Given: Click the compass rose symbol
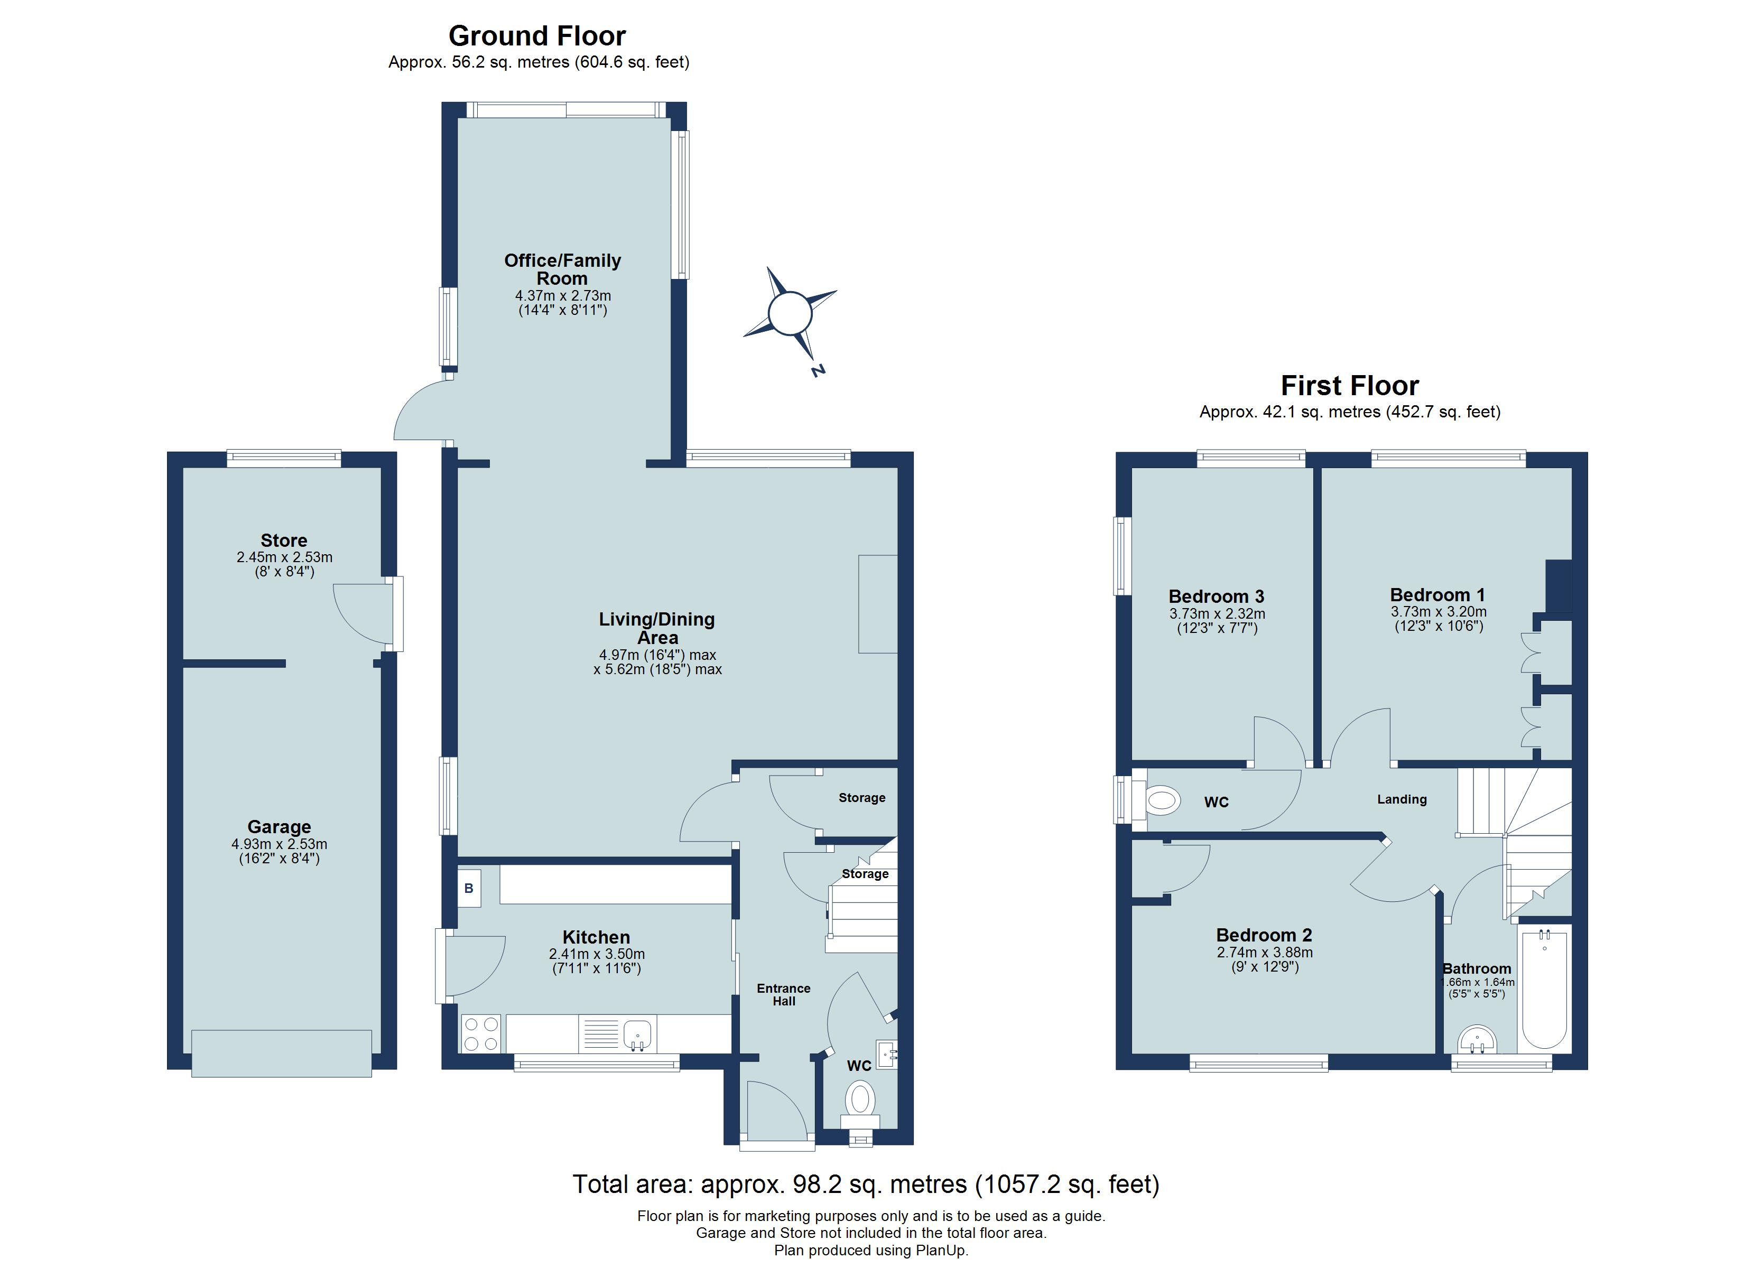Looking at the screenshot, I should coord(790,314).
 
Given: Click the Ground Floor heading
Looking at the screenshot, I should coord(537,36).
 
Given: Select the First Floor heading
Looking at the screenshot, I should coord(1350,385).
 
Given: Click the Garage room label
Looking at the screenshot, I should coord(279,827).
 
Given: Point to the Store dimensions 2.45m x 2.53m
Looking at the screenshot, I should coord(284,557).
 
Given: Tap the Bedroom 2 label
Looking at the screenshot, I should coord(1264,935).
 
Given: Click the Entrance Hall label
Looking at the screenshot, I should coord(784,994).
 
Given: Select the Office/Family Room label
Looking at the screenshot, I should coord(562,269).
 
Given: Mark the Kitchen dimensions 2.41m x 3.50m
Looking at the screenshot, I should coord(597,954).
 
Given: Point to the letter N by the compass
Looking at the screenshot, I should coord(818,371).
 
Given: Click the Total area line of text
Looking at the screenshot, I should coord(866,1183).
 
